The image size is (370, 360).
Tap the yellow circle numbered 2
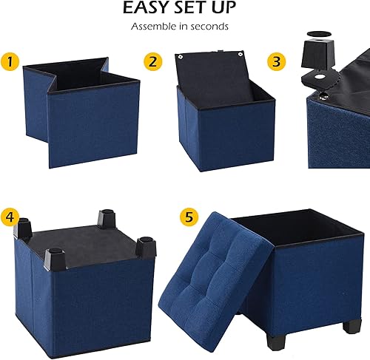(x=153, y=61)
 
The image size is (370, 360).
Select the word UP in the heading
(x=223, y=9)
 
